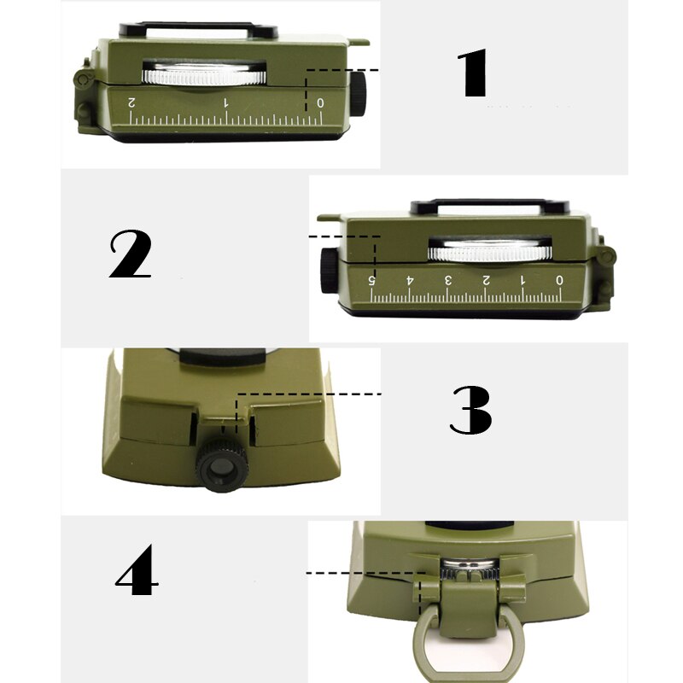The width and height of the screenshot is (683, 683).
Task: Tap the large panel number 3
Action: (470, 410)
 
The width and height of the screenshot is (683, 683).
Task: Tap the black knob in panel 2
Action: (330, 271)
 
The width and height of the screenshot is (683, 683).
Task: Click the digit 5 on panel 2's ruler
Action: (372, 280)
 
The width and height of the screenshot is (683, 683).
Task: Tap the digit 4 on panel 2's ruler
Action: (410, 280)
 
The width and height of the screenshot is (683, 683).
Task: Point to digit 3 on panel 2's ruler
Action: (447, 280)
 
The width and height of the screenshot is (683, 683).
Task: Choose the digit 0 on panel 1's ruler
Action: (320, 102)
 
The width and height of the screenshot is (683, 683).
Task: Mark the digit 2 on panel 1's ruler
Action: (131, 102)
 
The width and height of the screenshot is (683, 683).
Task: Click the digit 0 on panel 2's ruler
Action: (559, 280)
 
